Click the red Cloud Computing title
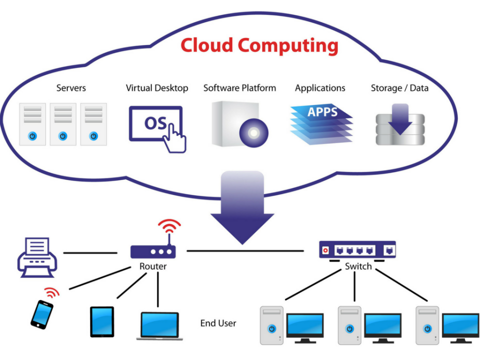[x=259, y=45]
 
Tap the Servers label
[x=71, y=88]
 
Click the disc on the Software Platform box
[x=253, y=132]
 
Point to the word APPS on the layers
[x=322, y=111]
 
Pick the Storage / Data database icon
[x=400, y=124]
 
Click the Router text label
[x=153, y=266]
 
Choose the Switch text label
[x=358, y=266]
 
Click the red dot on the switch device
[x=326, y=249]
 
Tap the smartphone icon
[x=41, y=314]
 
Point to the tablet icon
[x=102, y=321]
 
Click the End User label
[x=218, y=323]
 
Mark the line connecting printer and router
[x=90, y=252]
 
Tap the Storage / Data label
[x=399, y=88]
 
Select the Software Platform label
[x=239, y=88]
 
